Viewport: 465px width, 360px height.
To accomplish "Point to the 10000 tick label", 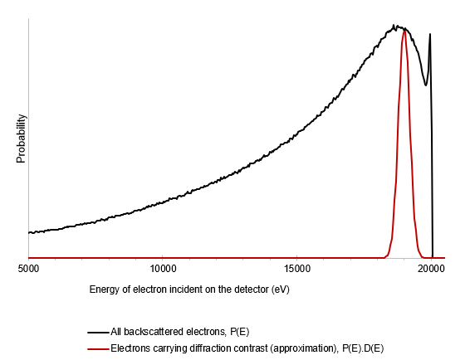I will coord(163,269).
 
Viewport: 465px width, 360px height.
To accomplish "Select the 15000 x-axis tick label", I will coord(297,269).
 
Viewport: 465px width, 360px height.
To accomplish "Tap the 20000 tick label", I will coord(431,269).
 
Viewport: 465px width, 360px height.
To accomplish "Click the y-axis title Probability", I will coord(22,139).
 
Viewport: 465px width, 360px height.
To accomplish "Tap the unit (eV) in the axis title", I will coord(278,289).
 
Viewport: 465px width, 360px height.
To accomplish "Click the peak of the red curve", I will coord(404,31).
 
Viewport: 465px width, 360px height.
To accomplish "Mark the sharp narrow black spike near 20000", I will coord(429,35).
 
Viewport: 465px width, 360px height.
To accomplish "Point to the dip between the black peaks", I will coord(425,85).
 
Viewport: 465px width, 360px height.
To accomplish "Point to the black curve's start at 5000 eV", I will coord(29,232).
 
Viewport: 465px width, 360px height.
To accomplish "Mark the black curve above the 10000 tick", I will coord(163,202).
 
